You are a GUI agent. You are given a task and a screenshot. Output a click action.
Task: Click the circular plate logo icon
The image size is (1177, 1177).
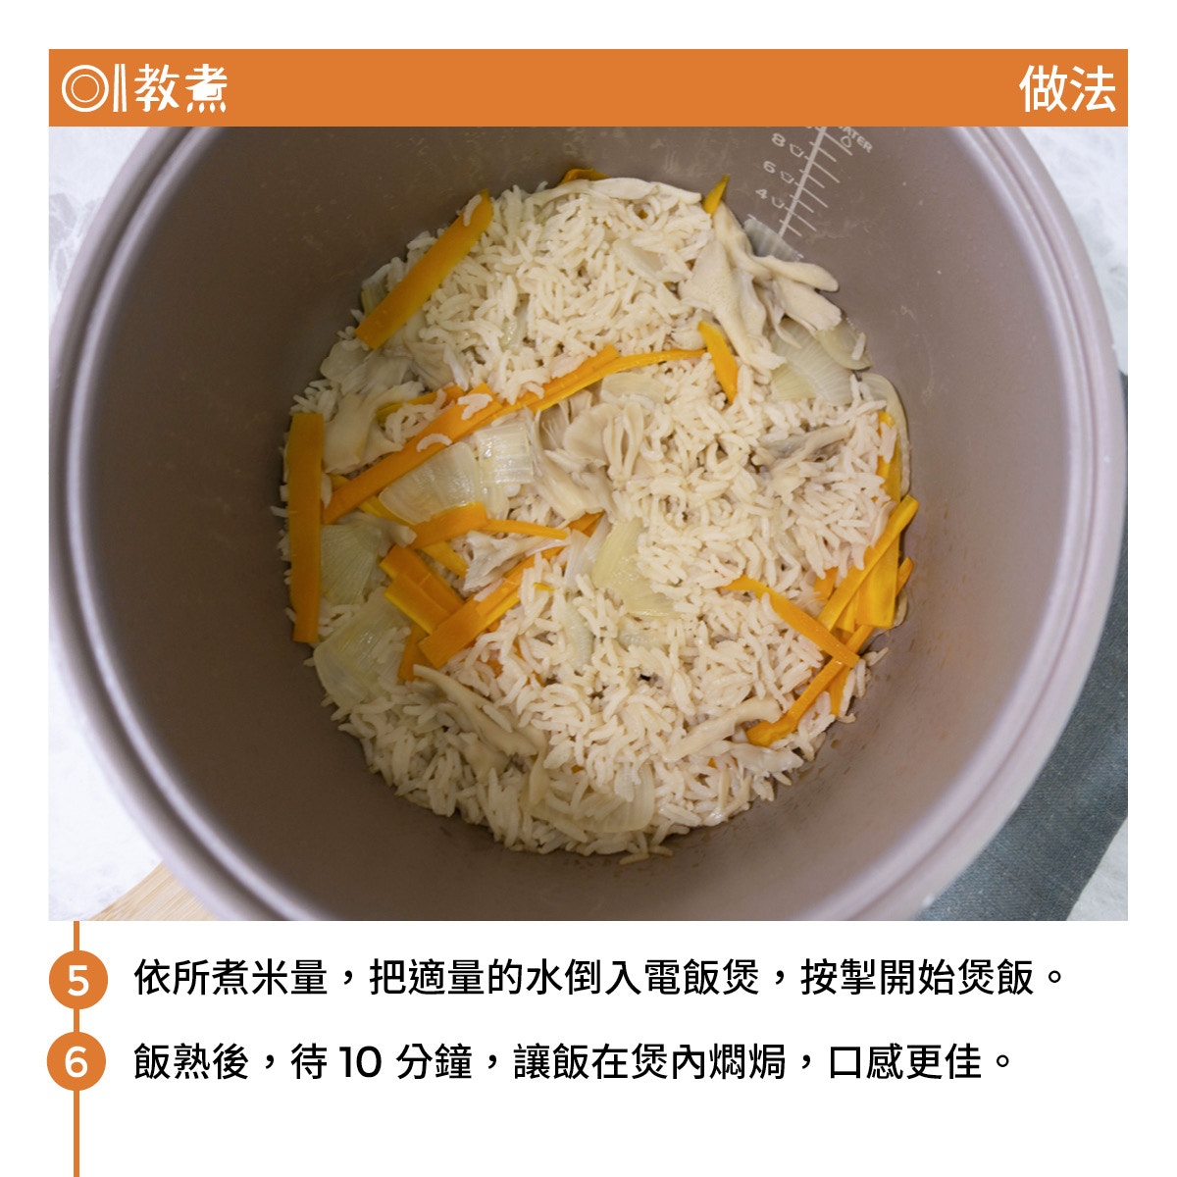coord(84,88)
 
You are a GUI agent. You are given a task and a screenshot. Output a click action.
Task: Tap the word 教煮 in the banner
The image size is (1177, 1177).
coord(180,88)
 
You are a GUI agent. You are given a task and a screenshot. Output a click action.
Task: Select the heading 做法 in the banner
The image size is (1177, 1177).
coord(1067,88)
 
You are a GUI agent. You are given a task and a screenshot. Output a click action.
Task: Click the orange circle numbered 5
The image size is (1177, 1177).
coord(77,979)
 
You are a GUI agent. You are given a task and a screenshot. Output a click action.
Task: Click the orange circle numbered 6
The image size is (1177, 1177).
coord(77,1062)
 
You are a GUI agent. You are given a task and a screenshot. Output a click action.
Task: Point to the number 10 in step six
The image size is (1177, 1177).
coord(360,1062)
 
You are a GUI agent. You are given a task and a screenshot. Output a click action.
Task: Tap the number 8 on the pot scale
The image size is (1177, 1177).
coord(778,140)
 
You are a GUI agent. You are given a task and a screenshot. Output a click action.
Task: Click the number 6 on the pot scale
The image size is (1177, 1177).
coord(769,167)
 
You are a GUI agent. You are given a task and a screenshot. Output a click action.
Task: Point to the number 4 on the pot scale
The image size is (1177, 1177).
coord(761,194)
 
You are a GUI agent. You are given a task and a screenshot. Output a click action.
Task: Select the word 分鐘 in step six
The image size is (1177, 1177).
coord(435,1062)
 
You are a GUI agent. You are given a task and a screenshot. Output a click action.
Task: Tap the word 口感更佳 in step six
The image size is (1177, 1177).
coord(904,1062)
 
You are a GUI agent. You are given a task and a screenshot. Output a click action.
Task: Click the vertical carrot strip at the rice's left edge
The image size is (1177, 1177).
coord(305,528)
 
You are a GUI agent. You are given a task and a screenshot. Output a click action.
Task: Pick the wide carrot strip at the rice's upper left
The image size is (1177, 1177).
coord(425,271)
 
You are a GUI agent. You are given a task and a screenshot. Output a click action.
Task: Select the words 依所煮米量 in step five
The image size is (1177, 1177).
coord(230,979)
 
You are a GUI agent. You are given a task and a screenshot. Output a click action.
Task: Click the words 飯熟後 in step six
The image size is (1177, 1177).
coord(191,1062)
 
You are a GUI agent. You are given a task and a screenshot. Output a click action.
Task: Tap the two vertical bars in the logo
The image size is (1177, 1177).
coord(120,88)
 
